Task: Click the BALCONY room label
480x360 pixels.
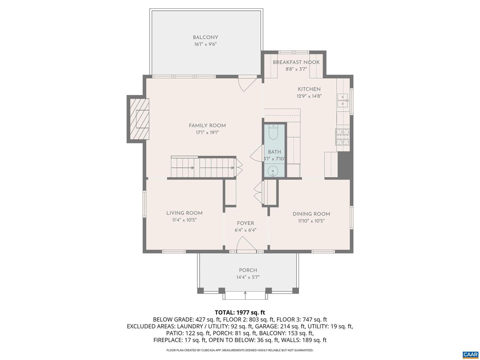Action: [205, 38]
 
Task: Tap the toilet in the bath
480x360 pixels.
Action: [273, 133]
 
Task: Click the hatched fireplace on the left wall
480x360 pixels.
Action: [139, 119]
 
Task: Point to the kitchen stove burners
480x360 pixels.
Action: [343, 137]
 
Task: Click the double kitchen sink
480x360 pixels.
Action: [343, 100]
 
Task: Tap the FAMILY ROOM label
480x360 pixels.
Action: [207, 126]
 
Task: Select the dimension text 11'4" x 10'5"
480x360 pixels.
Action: [184, 220]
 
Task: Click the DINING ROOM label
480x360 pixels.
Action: [311, 214]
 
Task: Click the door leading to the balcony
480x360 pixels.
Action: [247, 83]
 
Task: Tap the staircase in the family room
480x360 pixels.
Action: [203, 167]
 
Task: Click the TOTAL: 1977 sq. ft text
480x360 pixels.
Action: [240, 312]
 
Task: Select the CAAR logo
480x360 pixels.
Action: [470, 355]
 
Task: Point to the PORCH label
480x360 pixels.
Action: [248, 270]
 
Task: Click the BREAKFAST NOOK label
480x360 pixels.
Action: [296, 62]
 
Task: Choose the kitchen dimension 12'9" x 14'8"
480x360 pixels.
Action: [309, 96]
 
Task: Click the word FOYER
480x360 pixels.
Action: [245, 223]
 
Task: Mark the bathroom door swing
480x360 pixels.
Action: [257, 154]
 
